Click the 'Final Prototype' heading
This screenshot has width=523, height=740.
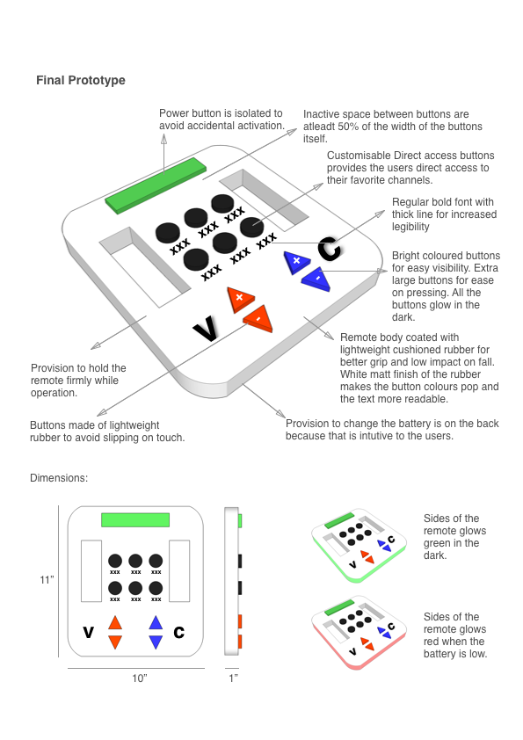pos(80,81)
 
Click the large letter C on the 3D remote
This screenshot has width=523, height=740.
pos(329,249)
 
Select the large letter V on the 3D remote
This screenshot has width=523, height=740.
pos(205,329)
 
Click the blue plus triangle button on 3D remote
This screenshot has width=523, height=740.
pos(297,260)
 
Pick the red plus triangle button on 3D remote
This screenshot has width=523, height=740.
pos(238,299)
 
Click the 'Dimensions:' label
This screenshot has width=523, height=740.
pos(59,478)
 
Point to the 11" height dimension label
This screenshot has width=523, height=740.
pos(46,580)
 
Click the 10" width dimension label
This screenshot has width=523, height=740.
pos(139,678)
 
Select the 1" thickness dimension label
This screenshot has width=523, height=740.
pos(232,678)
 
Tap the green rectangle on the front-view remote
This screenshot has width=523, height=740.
pos(135,519)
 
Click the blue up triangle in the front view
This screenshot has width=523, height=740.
pos(156,623)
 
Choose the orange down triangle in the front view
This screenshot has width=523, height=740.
pos(115,642)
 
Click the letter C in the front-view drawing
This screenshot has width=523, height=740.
pos(179,631)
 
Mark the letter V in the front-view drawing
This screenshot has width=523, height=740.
pos(88,632)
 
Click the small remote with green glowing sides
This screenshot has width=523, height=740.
pos(359,548)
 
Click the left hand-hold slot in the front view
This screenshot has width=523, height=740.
pos(91,577)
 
